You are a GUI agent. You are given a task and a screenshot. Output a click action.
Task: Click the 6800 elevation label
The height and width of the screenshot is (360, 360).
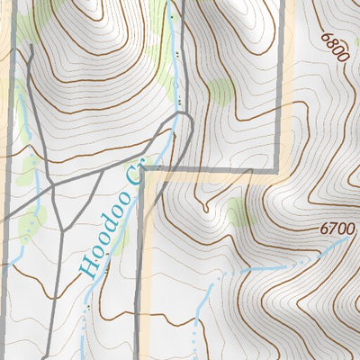333,47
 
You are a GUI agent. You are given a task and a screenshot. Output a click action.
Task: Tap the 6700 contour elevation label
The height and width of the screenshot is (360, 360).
337,229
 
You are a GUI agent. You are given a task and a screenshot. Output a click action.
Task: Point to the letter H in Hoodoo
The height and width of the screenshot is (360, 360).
85,264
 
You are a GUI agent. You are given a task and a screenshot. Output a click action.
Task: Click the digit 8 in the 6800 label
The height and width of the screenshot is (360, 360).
331,43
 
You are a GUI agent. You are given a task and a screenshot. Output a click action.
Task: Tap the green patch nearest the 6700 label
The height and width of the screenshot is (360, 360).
238,212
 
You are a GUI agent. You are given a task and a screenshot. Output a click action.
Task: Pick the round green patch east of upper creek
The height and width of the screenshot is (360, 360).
220,88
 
